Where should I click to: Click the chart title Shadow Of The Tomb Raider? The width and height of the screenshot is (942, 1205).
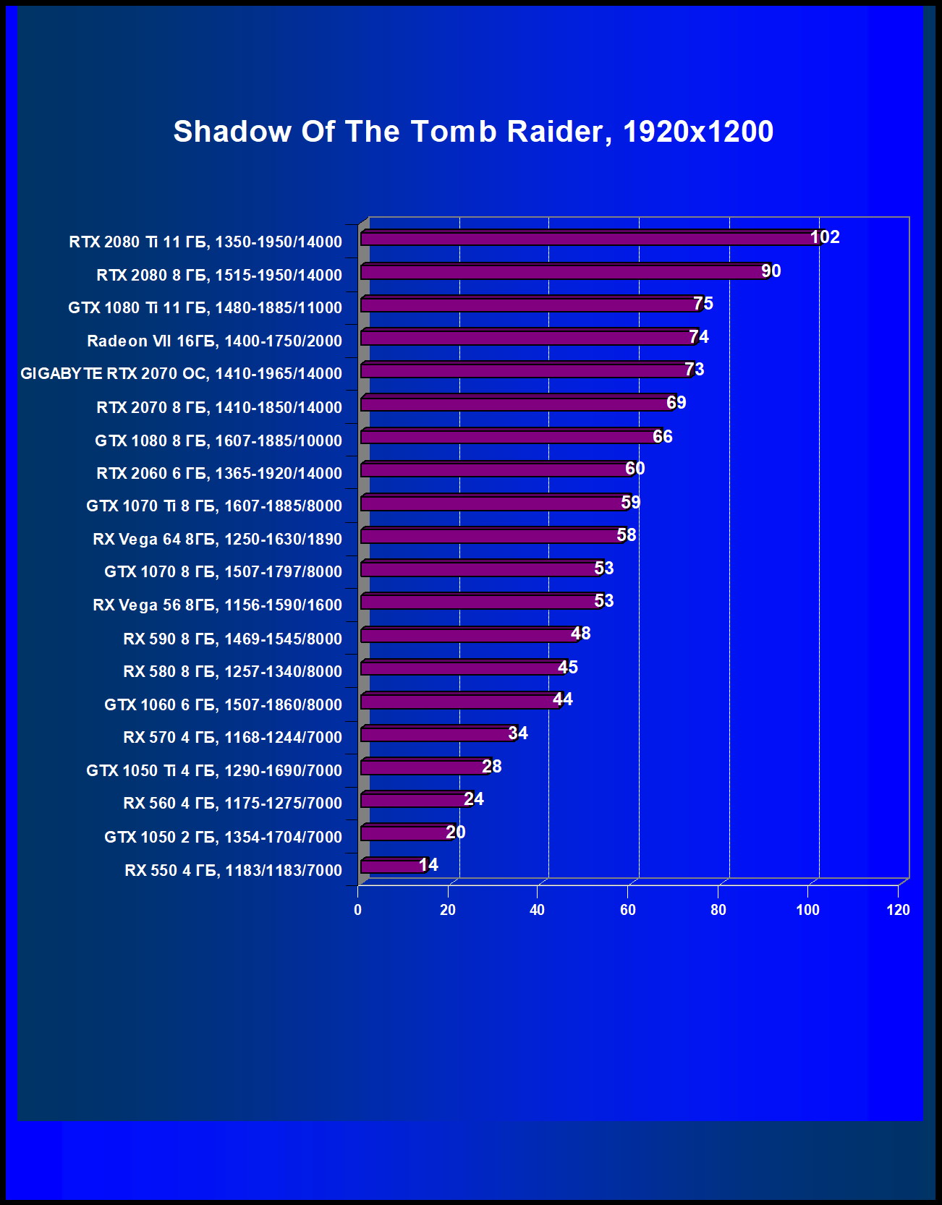click(473, 132)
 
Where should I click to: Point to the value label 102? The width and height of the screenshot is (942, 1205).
click(824, 237)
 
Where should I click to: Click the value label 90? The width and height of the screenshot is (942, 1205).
click(771, 271)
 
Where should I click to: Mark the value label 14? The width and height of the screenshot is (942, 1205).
click(428, 865)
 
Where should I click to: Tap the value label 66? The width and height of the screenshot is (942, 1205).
click(662, 436)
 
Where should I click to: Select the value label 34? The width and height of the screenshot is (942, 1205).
click(517, 733)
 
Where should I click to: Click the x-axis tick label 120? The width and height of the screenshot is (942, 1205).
click(898, 910)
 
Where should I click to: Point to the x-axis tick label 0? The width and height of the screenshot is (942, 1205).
click(358, 910)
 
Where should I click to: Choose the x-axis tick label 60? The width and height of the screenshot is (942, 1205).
click(628, 910)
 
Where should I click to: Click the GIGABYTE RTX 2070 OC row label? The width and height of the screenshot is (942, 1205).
click(181, 374)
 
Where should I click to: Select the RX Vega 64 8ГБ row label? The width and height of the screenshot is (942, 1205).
click(217, 539)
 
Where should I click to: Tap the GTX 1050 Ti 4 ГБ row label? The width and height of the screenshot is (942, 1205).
click(213, 770)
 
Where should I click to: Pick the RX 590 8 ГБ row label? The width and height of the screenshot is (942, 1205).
click(232, 639)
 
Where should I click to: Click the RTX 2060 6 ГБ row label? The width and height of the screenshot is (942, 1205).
click(218, 473)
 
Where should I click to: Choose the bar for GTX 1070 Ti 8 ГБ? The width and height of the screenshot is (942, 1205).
click(493, 503)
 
